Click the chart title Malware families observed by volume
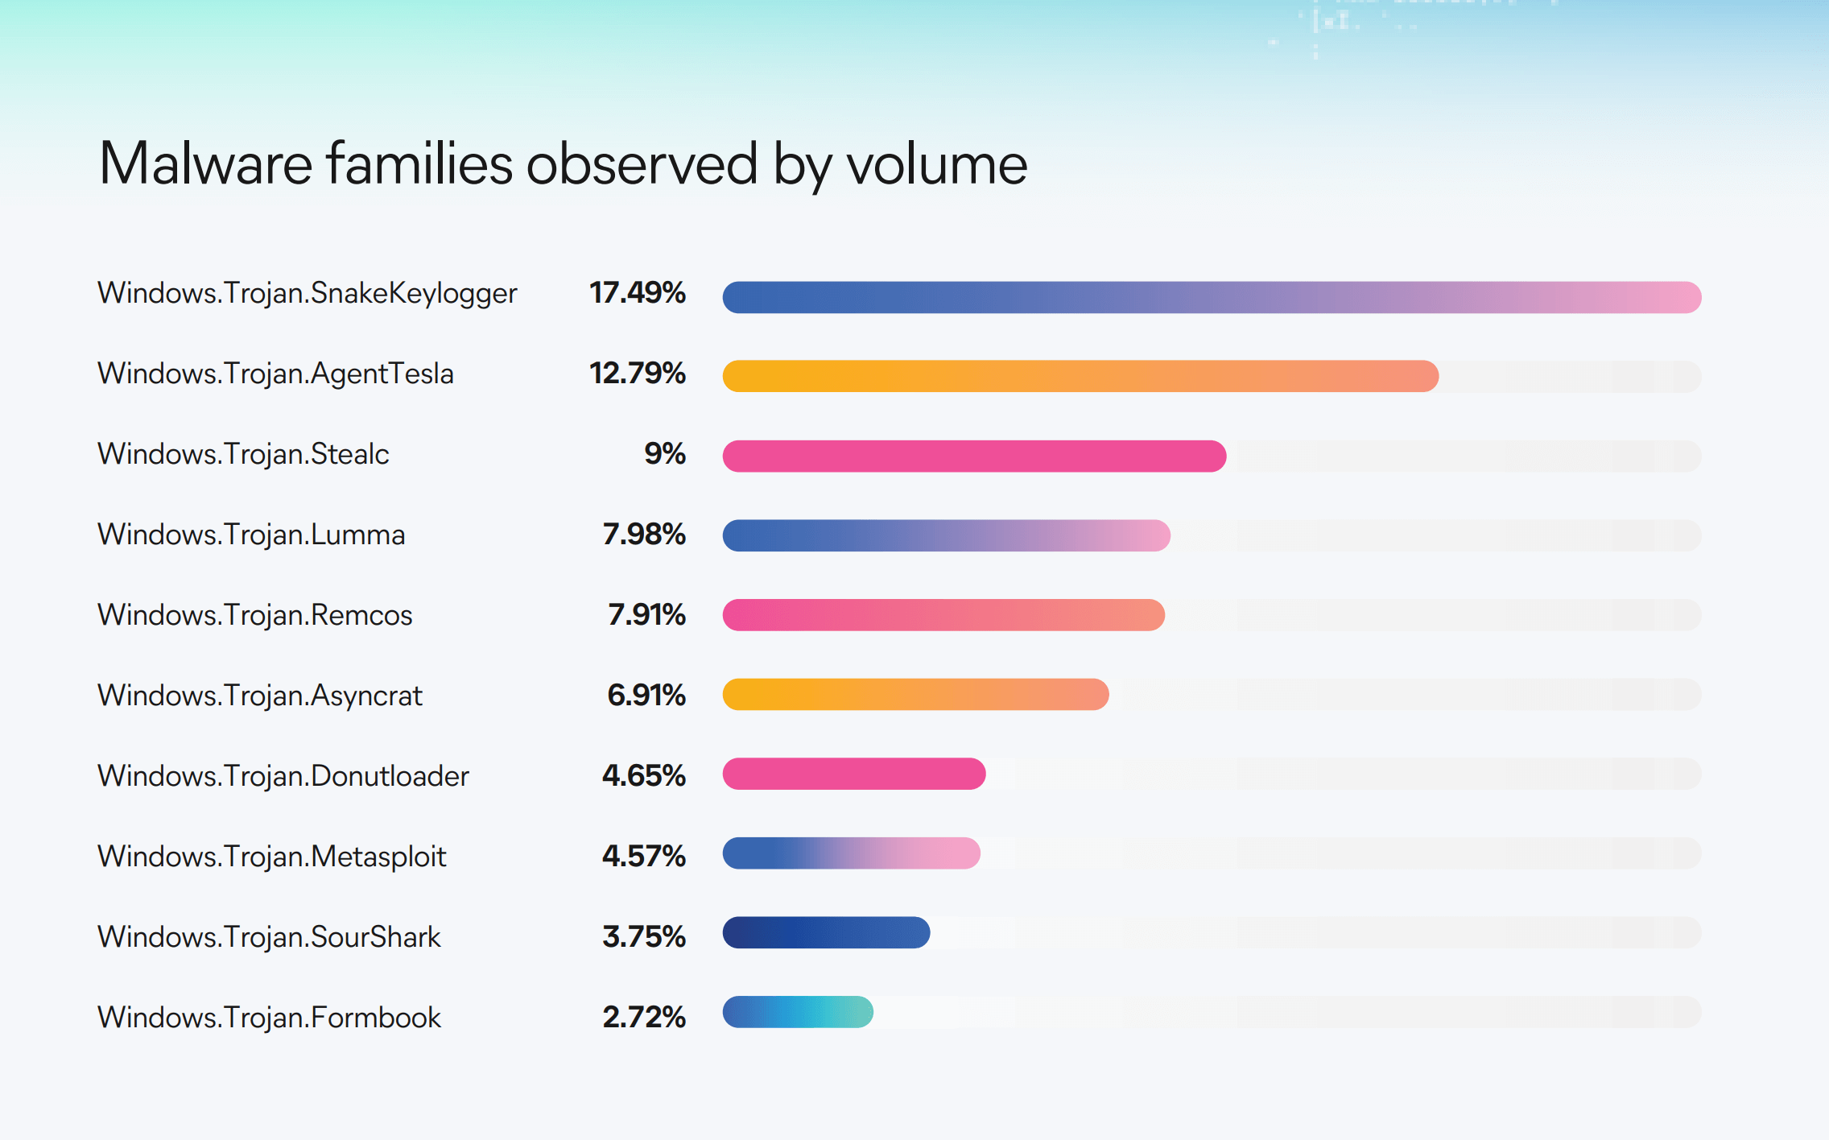coord(563,164)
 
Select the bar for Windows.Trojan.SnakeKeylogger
coord(1212,297)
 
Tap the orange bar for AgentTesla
coord(1080,376)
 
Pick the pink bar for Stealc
coord(974,456)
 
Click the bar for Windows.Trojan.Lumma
coord(946,535)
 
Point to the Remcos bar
coord(943,615)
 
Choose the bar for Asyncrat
coord(915,694)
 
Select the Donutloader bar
coord(854,774)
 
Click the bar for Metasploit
coord(851,853)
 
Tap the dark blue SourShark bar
coord(826,932)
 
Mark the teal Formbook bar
coord(798,1012)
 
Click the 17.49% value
coord(637,293)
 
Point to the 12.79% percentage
coord(637,374)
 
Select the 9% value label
coord(664,454)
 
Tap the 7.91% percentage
coord(646,615)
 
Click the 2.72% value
coord(644,1017)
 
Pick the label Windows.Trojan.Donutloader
coord(283,776)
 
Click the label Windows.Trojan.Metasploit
coord(271,857)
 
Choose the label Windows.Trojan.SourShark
coord(269,937)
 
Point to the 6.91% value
coord(646,695)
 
